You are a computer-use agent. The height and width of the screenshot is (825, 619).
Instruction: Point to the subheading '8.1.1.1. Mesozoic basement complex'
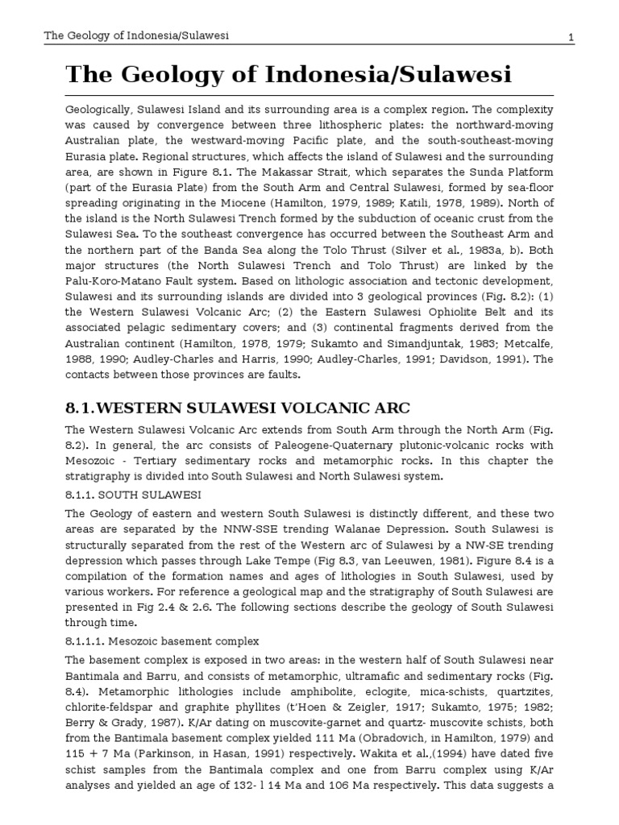coord(162,641)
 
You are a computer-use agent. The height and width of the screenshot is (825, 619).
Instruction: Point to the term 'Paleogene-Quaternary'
coord(311,446)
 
